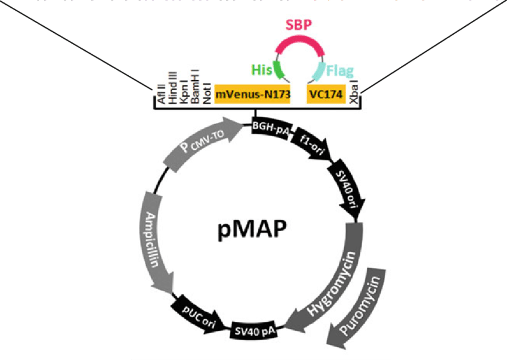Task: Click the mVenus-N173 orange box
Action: pyautogui.click(x=252, y=94)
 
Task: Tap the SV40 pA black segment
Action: pyautogui.click(x=255, y=328)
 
